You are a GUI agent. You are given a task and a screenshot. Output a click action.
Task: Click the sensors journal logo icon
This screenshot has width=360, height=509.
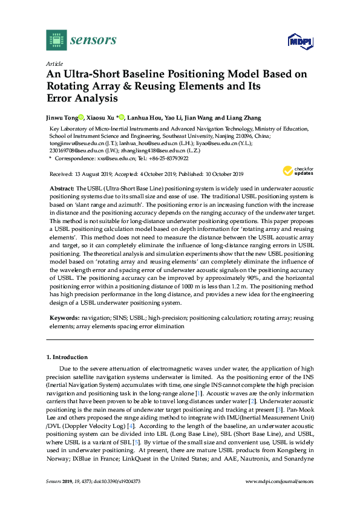(x=56, y=41)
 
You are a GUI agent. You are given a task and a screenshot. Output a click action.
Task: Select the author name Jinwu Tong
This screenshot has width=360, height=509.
(x=62, y=117)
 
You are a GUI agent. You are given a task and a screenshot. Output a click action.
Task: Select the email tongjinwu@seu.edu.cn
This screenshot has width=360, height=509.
(x=68, y=143)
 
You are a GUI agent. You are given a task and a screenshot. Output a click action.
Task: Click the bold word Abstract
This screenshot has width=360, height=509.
(x=62, y=189)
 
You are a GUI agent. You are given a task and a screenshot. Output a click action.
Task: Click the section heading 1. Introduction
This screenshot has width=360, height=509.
(x=70, y=358)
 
